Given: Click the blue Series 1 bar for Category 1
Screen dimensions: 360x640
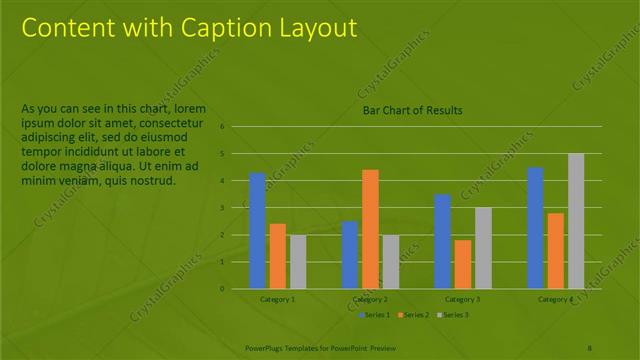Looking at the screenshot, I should [x=258, y=230].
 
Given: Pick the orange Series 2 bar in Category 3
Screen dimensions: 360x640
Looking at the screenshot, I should [x=462, y=264].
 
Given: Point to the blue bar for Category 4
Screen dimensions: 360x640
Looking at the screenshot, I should [x=535, y=227].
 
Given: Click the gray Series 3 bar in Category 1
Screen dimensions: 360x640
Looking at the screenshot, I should [x=298, y=261].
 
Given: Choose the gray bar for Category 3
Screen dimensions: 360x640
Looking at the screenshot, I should [x=482, y=247].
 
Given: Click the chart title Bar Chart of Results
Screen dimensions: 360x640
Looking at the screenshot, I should [x=412, y=110].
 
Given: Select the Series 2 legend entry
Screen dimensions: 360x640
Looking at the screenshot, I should [x=412, y=315].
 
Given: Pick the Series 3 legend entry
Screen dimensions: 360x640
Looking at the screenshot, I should [x=452, y=315].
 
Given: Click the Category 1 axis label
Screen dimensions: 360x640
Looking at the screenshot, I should [x=277, y=299].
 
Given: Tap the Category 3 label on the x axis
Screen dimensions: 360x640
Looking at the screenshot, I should [x=462, y=299].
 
